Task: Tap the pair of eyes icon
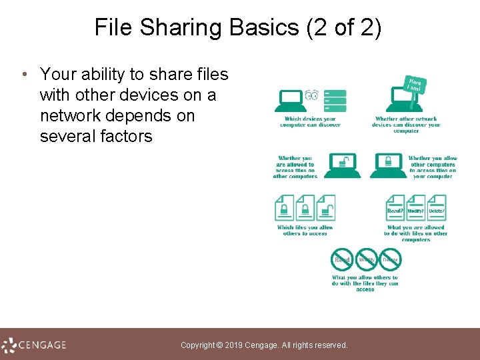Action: pyautogui.click(x=311, y=96)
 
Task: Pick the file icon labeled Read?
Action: pyautogui.click(x=395, y=207)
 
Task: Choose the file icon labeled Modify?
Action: pyautogui.click(x=416, y=207)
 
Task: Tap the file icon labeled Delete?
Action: pyautogui.click(x=437, y=207)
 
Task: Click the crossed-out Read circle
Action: pyautogui.click(x=342, y=259)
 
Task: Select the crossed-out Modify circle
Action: pyautogui.click(x=366, y=259)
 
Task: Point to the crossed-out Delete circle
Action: pyautogui.click(x=390, y=259)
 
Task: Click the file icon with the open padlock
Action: pyautogui.click(x=326, y=207)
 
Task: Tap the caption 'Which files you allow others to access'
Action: pyautogui.click(x=305, y=230)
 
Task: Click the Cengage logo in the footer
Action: pyautogui.click(x=35, y=345)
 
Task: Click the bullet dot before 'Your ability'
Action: pyautogui.click(x=24, y=74)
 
